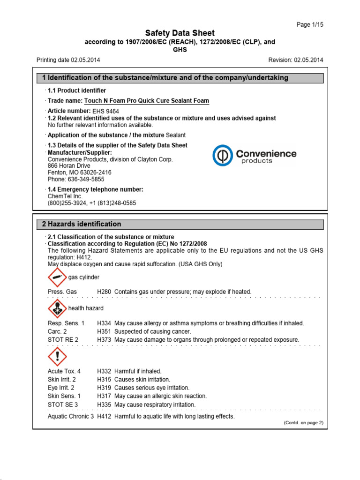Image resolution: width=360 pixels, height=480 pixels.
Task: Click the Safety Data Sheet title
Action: pos(180,33)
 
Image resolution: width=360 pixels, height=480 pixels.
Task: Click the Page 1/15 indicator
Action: pos(310,24)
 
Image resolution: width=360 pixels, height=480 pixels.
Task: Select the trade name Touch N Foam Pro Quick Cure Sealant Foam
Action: pos(146,101)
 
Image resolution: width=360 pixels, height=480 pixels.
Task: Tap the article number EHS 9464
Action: pos(106,111)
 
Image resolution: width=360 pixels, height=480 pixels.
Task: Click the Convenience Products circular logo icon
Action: pos(223,156)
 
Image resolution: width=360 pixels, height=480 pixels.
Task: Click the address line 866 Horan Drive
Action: pos(69,166)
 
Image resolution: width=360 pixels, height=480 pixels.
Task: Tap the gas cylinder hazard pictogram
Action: pos(57,277)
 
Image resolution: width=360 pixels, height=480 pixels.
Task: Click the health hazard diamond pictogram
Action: pos(57,308)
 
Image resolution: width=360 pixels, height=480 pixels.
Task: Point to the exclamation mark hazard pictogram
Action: pos(57,356)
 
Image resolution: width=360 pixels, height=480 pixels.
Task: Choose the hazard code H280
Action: pos(104,292)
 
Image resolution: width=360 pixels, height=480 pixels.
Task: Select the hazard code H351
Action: pos(104,331)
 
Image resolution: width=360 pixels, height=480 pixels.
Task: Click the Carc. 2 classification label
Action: pos(59,331)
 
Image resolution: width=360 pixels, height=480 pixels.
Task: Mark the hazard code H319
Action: pos(104,388)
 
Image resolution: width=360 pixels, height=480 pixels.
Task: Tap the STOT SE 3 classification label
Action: pos(63,405)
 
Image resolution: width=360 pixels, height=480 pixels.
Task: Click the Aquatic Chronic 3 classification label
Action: pos(71,416)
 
